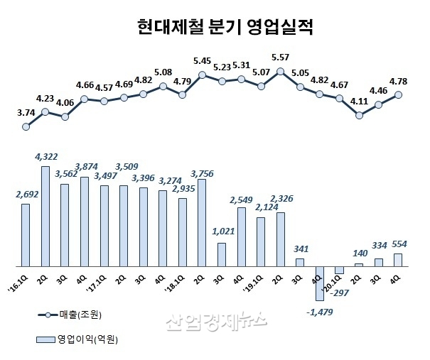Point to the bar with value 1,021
pos(222,254)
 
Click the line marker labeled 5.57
pos(281,71)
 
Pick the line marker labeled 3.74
pos(26,127)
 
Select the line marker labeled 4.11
pos(359,114)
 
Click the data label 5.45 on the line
pos(202,61)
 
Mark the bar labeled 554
pos(397,259)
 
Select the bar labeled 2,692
pos(26,234)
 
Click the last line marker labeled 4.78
pos(398,94)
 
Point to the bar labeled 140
pos(359,265)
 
